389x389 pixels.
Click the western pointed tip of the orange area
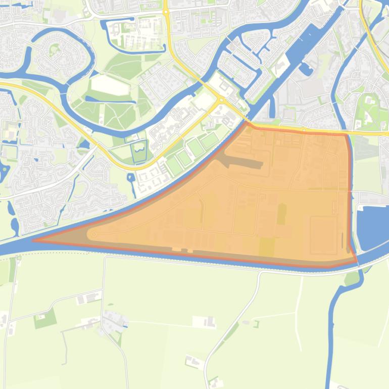34,240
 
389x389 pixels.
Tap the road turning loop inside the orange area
93,234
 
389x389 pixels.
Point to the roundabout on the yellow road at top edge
166,11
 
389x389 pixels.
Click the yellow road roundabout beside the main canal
221,100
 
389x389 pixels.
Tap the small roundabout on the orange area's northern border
304,130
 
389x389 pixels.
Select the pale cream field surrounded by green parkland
110,85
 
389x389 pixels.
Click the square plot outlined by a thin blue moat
138,153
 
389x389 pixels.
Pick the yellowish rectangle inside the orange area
266,247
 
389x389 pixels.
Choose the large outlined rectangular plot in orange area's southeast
323,235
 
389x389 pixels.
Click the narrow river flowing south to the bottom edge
331,344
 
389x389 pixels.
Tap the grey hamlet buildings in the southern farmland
114,319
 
